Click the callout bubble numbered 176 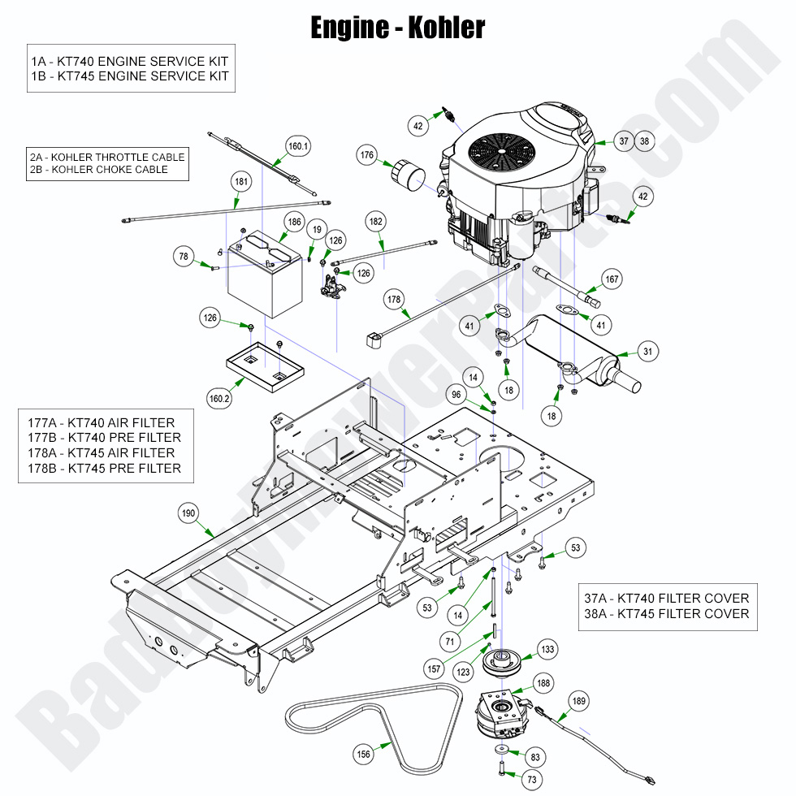pos(367,155)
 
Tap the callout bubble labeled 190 pos(188,513)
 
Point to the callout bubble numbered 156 pos(364,755)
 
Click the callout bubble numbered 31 pos(647,352)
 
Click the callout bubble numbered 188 pos(543,683)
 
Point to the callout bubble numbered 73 pos(532,781)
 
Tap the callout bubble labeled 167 pos(612,279)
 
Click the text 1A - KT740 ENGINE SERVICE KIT pos(130,61)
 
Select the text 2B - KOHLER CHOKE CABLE pos(100,169)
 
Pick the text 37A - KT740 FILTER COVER pos(666,598)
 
